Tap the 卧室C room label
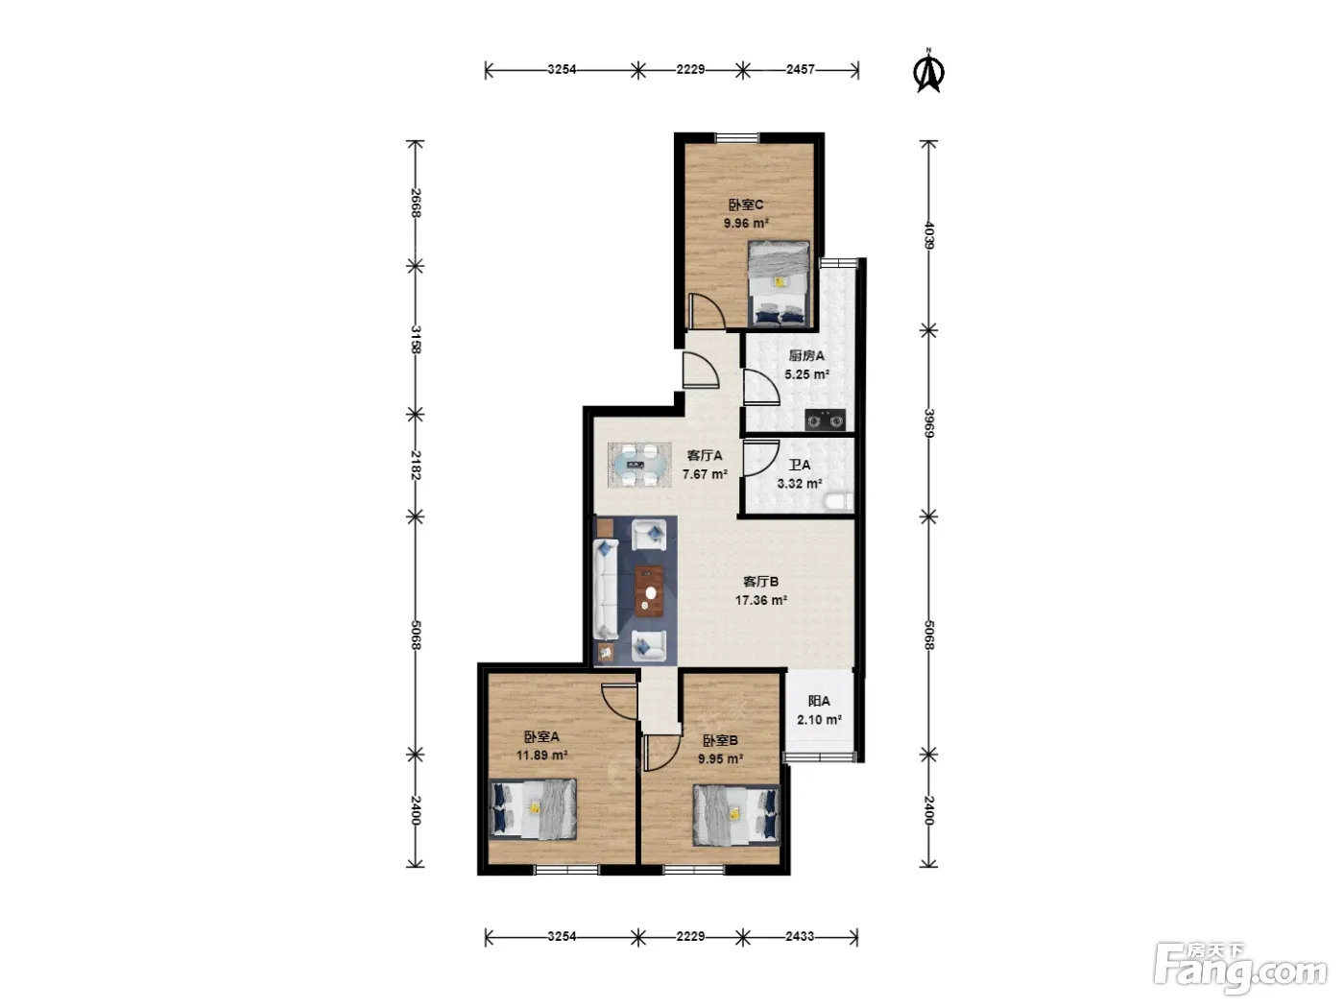coord(745,205)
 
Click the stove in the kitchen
coord(825,420)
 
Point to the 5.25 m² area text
coord(806,374)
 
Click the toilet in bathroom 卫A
coord(838,502)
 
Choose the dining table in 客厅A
coord(639,466)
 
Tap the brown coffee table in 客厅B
coord(649,590)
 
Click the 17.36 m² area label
coord(760,600)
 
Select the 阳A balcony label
coord(819,702)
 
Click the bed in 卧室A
coord(533,809)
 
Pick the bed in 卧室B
coord(736,816)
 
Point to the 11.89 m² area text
coord(541,756)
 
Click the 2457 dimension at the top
coord(801,70)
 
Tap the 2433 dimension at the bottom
coord(800,936)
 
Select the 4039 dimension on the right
coord(929,235)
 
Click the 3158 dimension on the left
coord(416,340)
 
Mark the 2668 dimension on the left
coord(416,204)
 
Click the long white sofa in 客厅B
coord(605,589)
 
